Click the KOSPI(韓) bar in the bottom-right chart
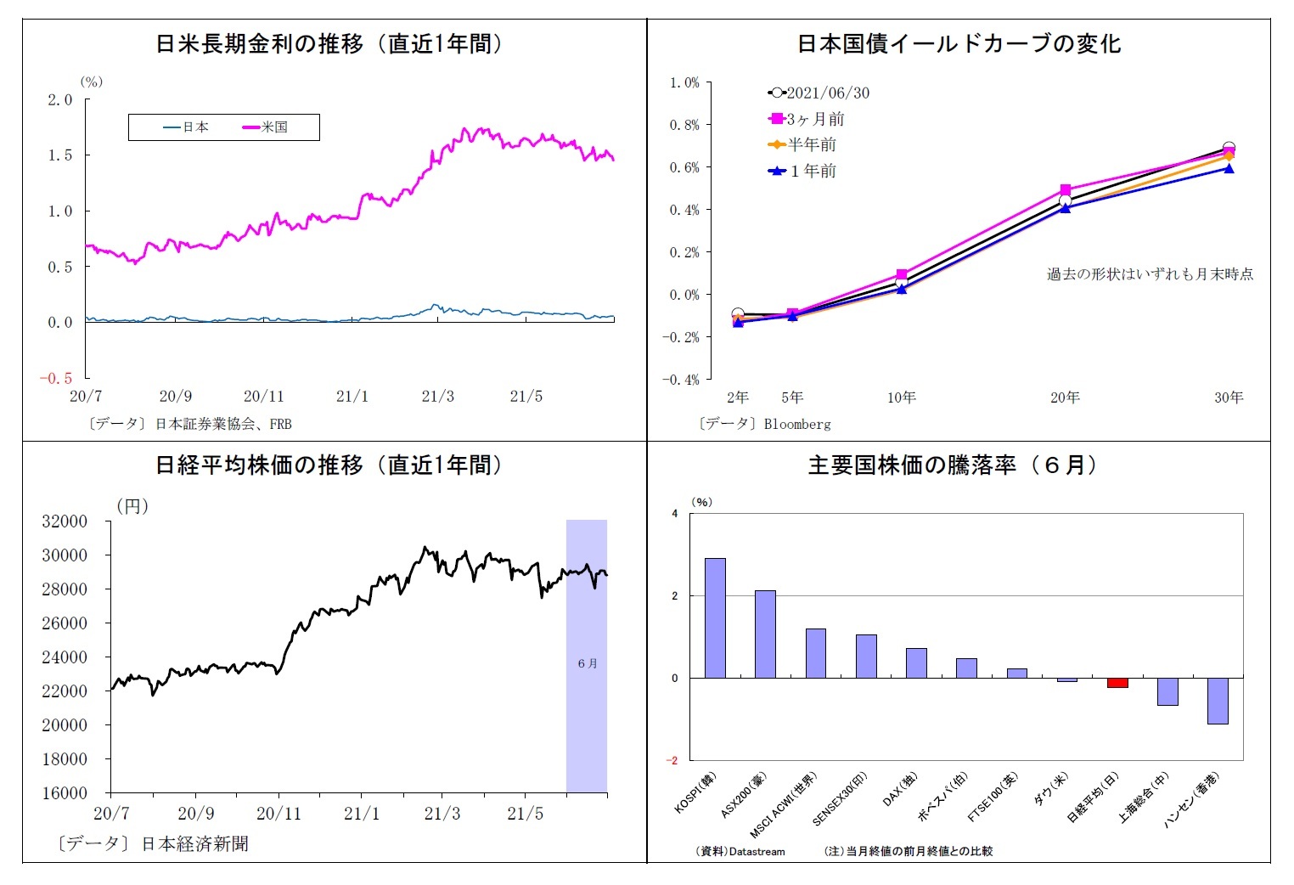coord(715,617)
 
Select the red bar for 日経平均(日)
coord(1117,683)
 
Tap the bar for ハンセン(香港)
coord(1218,701)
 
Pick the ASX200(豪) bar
coord(765,634)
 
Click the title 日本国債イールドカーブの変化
coord(959,44)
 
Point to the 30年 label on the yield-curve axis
coord(1229,397)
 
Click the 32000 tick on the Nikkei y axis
coord(65,521)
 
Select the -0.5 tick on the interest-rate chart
coord(56,379)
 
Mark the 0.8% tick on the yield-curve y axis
coord(684,125)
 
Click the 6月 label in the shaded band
coord(587,663)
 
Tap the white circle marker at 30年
coord(1229,148)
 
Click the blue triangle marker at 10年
coord(901,289)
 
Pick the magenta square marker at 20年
coord(1065,190)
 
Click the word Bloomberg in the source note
coord(797,424)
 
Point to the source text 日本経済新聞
coord(194,844)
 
